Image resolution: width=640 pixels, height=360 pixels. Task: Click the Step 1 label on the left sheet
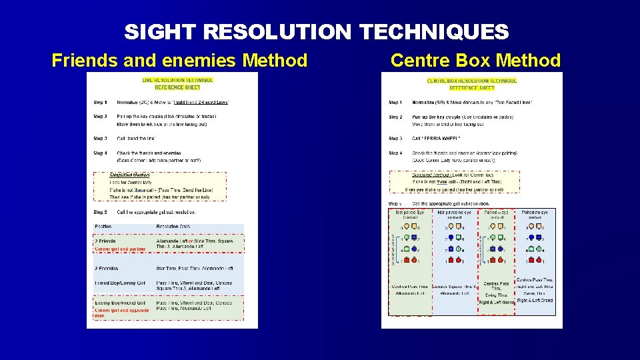coord(100,102)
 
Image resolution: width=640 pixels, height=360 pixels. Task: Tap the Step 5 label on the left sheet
coord(100,212)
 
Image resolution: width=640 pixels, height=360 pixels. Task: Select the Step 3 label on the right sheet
coord(395,139)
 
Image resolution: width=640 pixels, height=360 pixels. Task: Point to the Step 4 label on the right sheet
coord(395,153)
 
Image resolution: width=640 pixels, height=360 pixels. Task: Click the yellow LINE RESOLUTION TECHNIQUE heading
coord(178,80)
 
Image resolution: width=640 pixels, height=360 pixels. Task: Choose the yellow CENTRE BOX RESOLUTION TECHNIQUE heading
coord(472,81)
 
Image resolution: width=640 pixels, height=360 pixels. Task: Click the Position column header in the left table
coord(103,227)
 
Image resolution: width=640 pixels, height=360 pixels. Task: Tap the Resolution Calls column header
coord(173,227)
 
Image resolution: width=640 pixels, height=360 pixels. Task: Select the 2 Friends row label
coord(105,241)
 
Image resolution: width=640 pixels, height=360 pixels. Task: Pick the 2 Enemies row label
coord(107,268)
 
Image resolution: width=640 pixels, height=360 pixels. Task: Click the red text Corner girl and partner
coord(120,249)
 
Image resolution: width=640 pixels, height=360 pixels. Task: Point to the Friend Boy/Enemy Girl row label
coord(120,283)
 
